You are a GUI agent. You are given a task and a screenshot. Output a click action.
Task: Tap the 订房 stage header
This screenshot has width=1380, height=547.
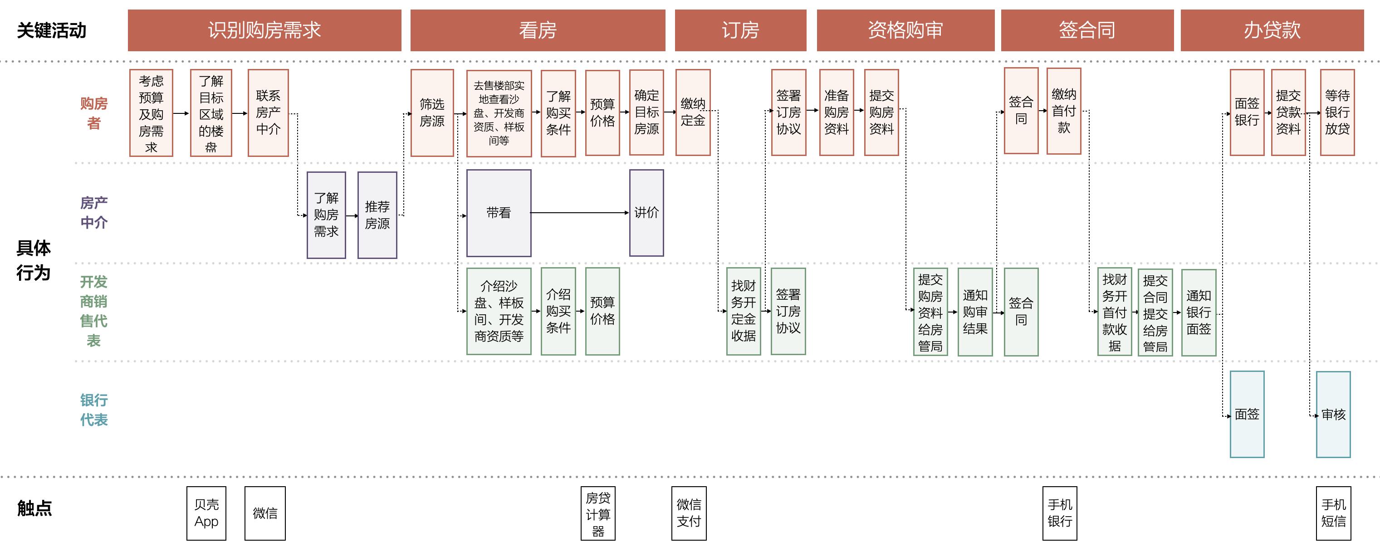tap(740, 30)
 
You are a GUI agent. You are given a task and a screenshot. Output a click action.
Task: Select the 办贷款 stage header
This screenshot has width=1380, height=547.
tap(1272, 30)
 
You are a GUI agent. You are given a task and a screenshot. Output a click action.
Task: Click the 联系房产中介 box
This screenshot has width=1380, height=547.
tap(268, 112)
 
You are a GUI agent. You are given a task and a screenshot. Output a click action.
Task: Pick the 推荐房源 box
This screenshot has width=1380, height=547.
tap(377, 215)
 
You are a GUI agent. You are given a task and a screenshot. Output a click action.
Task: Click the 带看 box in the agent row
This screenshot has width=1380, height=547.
tap(498, 213)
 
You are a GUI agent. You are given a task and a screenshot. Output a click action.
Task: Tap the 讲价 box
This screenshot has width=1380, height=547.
tap(646, 213)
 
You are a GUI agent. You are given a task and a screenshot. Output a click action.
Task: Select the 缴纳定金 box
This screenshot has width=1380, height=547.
tap(693, 112)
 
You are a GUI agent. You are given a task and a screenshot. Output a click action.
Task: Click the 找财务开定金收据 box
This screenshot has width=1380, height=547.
tap(743, 311)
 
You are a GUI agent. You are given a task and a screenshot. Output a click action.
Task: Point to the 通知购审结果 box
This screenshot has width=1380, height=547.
tap(974, 312)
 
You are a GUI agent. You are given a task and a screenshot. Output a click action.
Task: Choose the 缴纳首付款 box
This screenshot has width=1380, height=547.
tap(1063, 111)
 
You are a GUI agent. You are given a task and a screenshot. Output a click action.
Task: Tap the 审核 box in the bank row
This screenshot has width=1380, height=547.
tap(1333, 414)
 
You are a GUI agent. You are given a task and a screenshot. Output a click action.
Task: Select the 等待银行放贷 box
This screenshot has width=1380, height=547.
tap(1337, 112)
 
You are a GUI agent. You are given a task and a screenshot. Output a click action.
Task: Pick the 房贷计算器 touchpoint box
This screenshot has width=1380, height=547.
tap(598, 513)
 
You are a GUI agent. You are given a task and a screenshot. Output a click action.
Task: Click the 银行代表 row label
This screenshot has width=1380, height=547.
tap(94, 410)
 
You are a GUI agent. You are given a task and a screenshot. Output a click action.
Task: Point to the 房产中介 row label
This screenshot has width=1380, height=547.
tap(94, 213)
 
